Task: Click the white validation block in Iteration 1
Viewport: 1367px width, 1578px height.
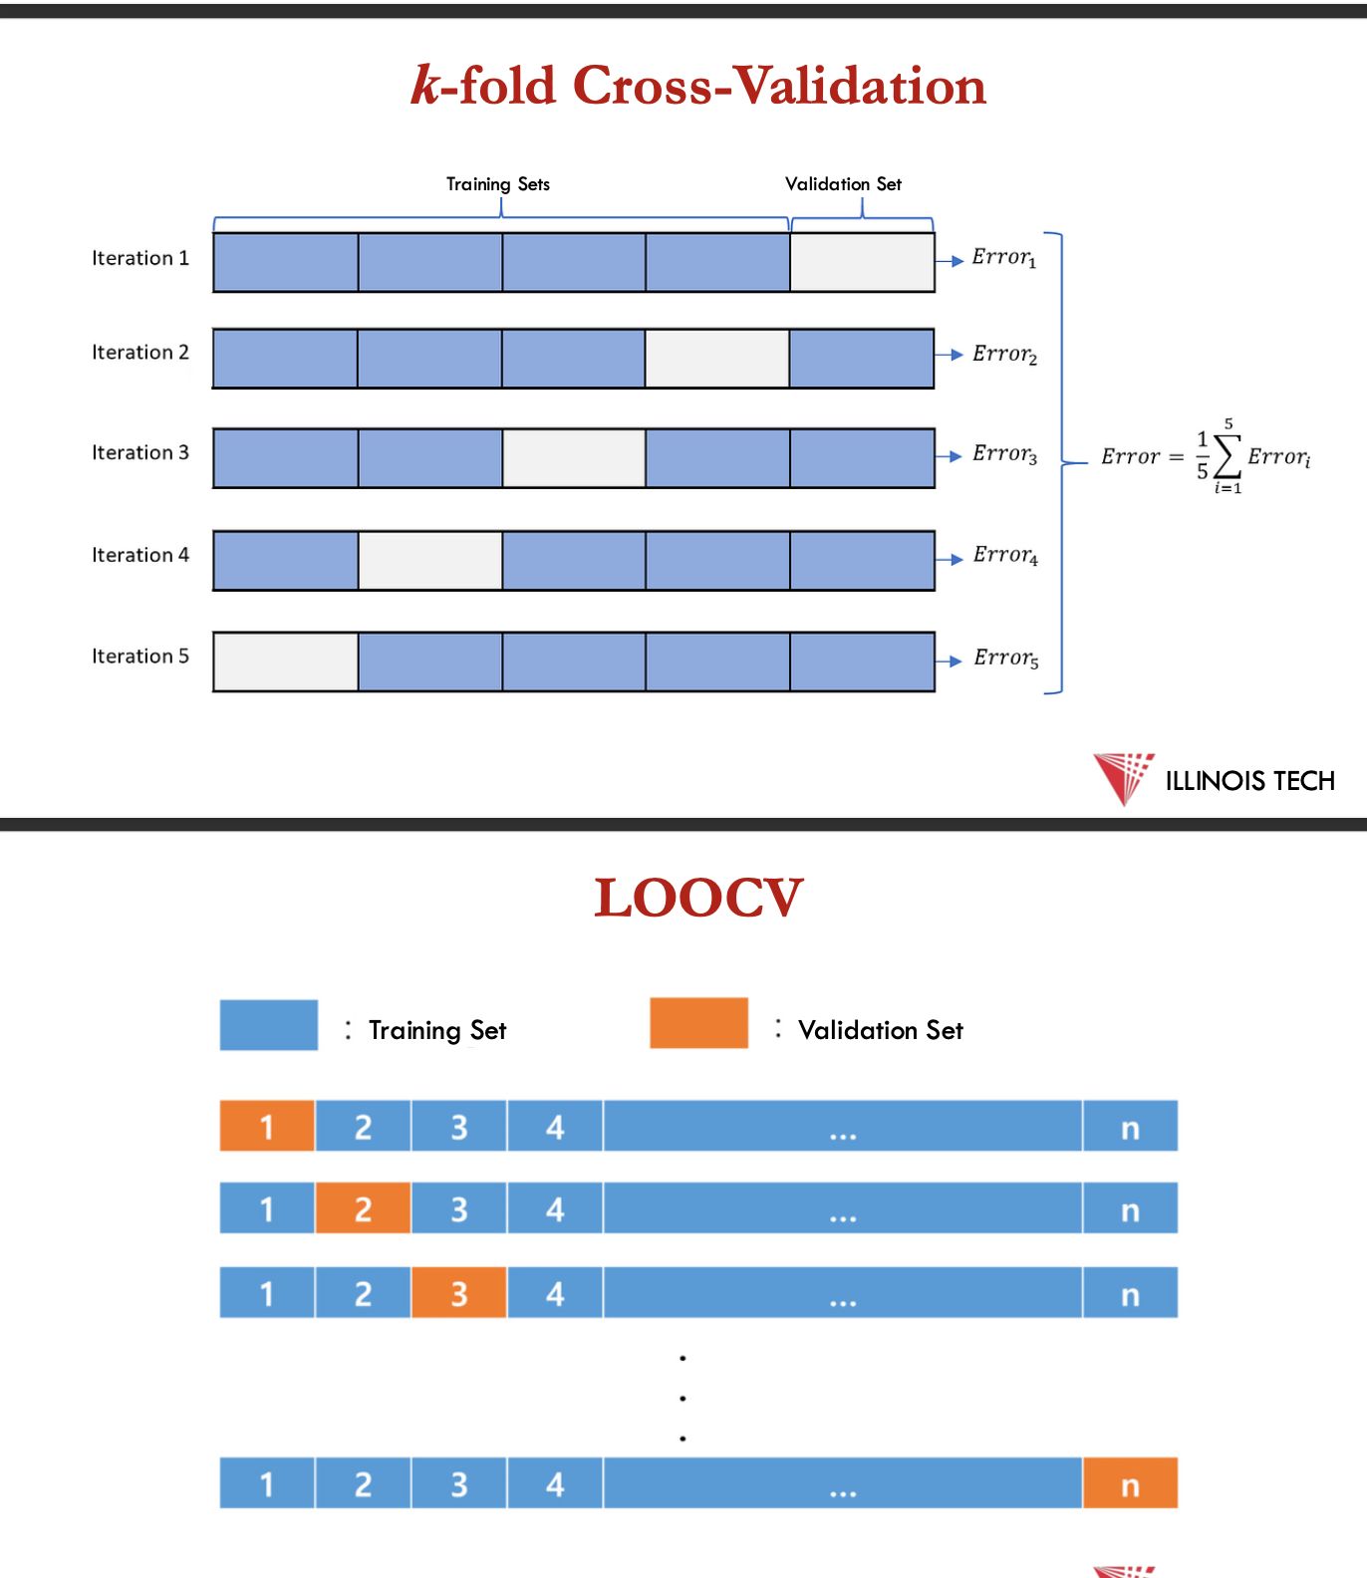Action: point(862,262)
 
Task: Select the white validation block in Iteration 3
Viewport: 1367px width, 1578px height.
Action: point(574,458)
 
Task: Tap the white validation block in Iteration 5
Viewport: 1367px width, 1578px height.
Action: point(286,661)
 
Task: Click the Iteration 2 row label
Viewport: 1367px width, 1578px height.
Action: point(140,353)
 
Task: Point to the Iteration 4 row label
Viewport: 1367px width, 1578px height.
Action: point(140,555)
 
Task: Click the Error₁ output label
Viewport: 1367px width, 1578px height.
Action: point(1004,258)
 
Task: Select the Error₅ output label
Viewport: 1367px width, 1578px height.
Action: point(1006,658)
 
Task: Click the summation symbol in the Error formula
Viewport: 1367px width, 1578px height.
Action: point(1228,456)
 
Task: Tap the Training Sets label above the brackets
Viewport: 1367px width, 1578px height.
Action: point(498,184)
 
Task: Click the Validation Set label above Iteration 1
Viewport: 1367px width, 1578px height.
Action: point(843,184)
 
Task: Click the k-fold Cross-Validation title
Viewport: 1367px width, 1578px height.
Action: point(698,86)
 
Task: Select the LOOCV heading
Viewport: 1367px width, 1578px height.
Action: point(698,898)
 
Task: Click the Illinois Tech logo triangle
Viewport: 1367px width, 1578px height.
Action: point(1122,778)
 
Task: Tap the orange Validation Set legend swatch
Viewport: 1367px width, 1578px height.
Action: point(698,1023)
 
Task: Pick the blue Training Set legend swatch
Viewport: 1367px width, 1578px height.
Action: point(269,1025)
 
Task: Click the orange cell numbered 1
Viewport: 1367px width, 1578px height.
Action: point(267,1126)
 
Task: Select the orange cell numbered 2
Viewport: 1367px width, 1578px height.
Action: point(363,1208)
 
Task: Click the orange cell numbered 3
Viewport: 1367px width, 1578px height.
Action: point(458,1293)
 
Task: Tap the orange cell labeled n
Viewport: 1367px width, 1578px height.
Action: point(1130,1483)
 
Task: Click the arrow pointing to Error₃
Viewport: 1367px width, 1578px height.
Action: point(949,456)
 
